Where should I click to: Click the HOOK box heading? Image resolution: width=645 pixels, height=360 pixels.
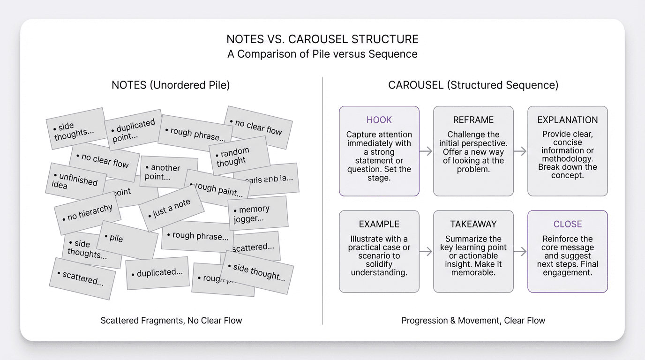tap(379, 120)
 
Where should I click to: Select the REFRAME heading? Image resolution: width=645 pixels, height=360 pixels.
tap(473, 120)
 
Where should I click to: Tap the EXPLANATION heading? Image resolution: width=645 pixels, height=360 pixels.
tap(567, 120)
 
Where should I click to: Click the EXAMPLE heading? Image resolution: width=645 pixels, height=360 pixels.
tap(379, 224)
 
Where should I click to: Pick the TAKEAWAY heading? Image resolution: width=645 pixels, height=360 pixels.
tap(473, 224)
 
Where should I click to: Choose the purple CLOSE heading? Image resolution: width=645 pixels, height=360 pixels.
tap(567, 224)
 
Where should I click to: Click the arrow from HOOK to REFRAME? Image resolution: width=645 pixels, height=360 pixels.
tap(426, 151)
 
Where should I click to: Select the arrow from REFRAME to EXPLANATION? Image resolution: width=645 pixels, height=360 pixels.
tap(520, 151)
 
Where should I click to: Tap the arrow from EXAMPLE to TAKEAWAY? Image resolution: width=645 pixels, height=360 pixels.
tap(426, 252)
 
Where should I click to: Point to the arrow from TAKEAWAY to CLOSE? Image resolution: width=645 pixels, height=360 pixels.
tap(520, 252)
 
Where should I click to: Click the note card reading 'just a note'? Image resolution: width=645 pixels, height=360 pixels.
tap(172, 208)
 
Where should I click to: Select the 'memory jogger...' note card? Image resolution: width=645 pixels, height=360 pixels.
tap(257, 213)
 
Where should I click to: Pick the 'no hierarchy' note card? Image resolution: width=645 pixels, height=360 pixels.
tap(88, 213)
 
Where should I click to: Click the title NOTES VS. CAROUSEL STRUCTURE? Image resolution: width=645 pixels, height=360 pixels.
tap(322, 39)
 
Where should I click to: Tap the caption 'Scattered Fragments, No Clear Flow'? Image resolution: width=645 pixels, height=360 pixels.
tap(171, 321)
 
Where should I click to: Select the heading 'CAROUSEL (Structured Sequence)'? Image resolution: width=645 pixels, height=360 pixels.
tap(473, 85)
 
